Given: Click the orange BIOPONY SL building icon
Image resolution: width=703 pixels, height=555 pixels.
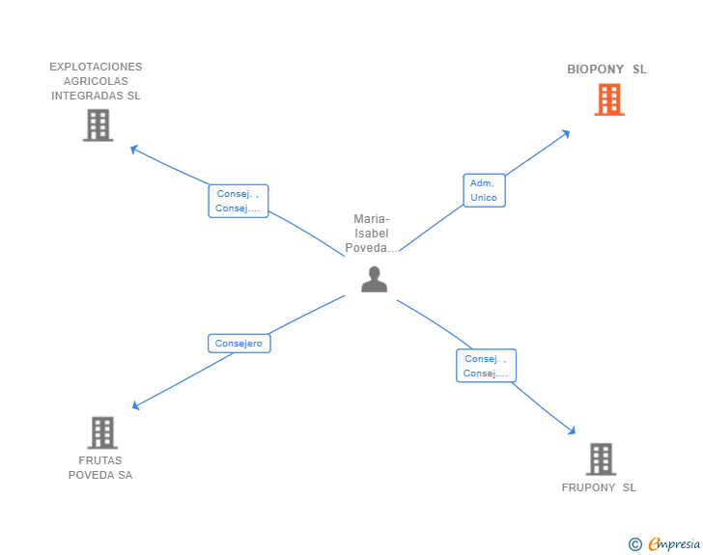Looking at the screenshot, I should click(x=608, y=99).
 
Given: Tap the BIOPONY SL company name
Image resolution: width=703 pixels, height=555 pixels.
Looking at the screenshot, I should click(x=606, y=69).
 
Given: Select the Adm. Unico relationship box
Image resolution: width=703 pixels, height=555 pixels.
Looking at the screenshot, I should click(x=484, y=190).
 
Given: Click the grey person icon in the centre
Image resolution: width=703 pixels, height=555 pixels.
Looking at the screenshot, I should click(x=374, y=279).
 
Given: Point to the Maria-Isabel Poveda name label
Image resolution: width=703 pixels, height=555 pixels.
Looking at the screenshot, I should click(x=372, y=234).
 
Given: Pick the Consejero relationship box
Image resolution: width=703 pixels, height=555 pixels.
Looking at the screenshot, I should click(x=239, y=343).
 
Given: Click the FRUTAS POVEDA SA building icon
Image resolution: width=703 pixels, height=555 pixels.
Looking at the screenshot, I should click(x=102, y=432).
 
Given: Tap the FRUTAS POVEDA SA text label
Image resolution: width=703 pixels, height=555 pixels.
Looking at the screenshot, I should click(x=100, y=468).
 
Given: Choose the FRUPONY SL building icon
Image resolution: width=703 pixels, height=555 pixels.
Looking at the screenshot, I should click(x=601, y=458).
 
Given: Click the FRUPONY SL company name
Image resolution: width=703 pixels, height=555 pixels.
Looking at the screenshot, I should click(x=599, y=487).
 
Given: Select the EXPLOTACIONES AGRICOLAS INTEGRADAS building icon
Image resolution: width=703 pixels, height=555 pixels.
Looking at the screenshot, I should click(x=98, y=125).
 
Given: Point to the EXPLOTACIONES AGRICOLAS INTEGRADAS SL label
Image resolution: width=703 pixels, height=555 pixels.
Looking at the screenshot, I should click(x=96, y=81).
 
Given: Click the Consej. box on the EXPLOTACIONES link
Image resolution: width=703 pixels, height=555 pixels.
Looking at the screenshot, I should click(x=239, y=201).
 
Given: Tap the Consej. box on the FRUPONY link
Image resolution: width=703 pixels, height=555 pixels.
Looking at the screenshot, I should click(x=486, y=366).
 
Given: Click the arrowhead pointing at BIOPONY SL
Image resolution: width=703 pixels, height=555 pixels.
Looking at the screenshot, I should click(x=566, y=133).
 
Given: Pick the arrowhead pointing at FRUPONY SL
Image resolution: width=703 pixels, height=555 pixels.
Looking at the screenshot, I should click(x=573, y=431).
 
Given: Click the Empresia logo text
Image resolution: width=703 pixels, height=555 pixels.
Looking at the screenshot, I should click(x=674, y=544).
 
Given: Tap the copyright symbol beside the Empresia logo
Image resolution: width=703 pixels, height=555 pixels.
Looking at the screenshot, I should click(x=635, y=544).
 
